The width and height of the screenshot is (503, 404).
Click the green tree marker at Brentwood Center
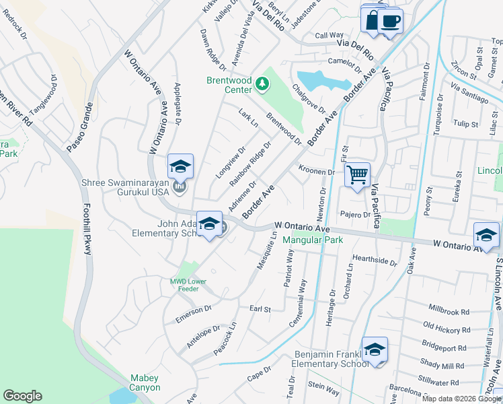[262, 84]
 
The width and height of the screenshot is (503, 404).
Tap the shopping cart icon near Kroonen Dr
[357, 175]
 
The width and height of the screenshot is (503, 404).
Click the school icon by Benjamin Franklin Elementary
[375, 349]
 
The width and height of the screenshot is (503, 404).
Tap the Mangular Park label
[313, 240]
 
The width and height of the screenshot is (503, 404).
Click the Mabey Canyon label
[145, 382]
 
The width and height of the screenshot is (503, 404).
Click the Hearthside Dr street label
[375, 260]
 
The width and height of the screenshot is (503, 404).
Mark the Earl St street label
[260, 309]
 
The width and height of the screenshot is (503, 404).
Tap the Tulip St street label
[465, 124]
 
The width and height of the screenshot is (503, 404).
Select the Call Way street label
[330, 35]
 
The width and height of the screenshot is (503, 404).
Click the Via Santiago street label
[470, 94]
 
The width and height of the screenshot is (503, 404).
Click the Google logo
[22, 396]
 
